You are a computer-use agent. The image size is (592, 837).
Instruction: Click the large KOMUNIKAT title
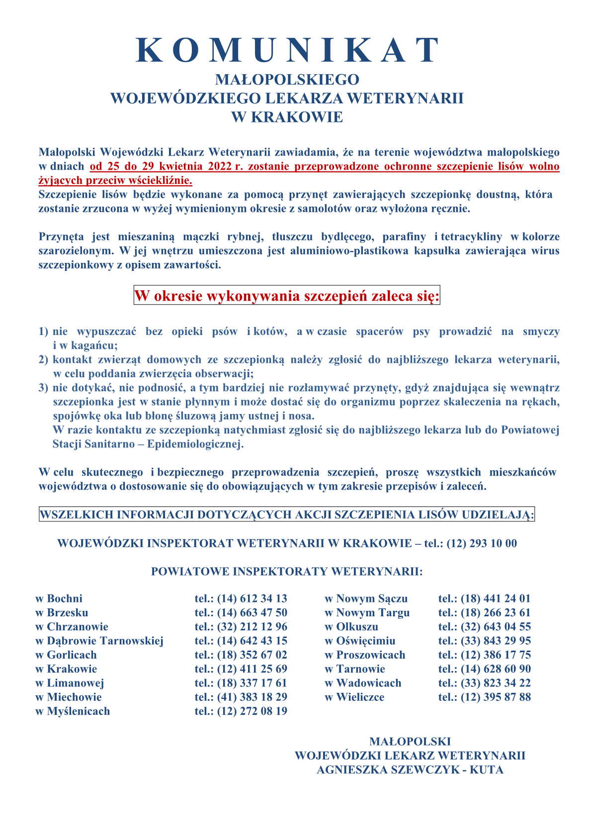[288, 50]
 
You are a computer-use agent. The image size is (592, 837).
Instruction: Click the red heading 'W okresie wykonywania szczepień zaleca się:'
[287, 296]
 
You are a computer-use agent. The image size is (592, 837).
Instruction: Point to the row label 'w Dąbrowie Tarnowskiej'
[99, 641]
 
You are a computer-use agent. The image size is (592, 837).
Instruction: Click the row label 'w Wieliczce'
[354, 697]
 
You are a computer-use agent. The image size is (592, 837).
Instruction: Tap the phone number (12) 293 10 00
[482, 543]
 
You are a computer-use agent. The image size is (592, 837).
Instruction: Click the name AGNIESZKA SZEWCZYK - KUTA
[410, 770]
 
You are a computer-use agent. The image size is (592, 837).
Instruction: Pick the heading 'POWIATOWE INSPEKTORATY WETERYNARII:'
[287, 571]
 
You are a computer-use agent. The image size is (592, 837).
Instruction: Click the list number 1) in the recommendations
[44, 332]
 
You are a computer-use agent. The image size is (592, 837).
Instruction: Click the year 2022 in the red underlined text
[216, 167]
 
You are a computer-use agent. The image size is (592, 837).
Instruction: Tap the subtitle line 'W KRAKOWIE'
[287, 117]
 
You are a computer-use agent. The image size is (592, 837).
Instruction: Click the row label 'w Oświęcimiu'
[360, 641]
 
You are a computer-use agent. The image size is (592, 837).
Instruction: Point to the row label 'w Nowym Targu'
[367, 612]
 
